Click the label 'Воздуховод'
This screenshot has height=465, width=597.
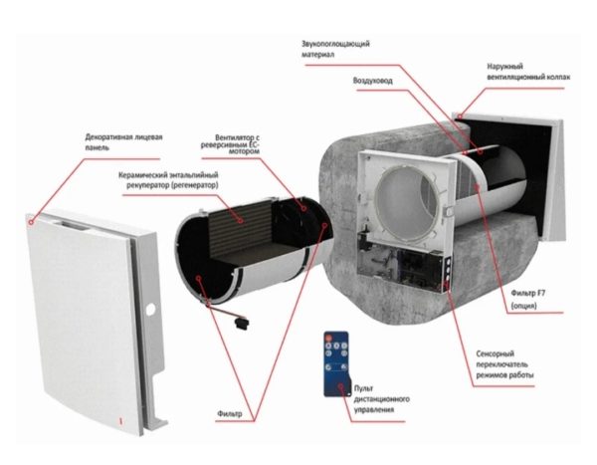click(372, 81)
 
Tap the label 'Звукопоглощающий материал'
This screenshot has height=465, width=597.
click(335, 49)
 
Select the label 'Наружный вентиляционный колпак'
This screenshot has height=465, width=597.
click(528, 72)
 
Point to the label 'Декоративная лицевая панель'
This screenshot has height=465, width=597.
click(123, 141)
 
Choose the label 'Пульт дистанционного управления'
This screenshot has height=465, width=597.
click(381, 398)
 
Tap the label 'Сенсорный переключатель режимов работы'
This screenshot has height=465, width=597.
click(504, 364)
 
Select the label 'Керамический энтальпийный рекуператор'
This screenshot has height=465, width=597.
click(168, 180)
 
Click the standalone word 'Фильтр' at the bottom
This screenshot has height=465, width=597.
click(230, 413)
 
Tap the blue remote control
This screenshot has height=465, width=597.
click(336, 364)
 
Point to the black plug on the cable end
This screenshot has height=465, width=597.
click(242, 324)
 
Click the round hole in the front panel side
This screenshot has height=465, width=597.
click(150, 310)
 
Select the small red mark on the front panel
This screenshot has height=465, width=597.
click(121, 421)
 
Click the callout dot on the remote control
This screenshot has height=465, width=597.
click(341, 386)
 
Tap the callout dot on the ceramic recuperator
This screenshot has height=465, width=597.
click(241, 220)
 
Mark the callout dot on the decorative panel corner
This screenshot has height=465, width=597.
click(32, 221)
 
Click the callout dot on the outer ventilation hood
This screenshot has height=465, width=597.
click(460, 116)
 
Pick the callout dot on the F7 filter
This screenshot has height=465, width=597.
click(478, 185)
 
